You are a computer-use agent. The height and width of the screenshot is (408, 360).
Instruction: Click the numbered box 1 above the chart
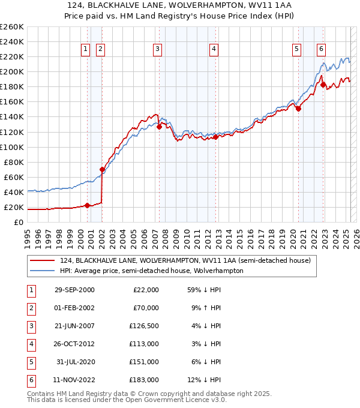(86, 49)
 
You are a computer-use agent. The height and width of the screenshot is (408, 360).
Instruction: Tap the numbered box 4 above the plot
(214, 49)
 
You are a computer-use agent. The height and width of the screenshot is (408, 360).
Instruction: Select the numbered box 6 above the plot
(322, 49)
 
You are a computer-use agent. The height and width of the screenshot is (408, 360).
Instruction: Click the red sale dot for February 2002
(102, 169)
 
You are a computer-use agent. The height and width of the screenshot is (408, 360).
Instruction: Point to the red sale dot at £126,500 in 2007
(159, 127)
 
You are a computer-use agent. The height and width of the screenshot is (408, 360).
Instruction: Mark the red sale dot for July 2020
(298, 109)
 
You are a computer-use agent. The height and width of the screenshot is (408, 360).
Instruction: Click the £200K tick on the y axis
(11, 71)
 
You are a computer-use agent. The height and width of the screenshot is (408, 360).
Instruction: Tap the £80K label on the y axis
(13, 162)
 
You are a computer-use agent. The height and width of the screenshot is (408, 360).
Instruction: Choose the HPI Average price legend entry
(151, 271)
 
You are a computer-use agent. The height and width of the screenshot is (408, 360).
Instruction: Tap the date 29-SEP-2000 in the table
(74, 290)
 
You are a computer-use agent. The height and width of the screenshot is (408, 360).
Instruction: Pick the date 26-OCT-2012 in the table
(74, 344)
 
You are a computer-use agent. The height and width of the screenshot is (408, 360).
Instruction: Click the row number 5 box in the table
(31, 362)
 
